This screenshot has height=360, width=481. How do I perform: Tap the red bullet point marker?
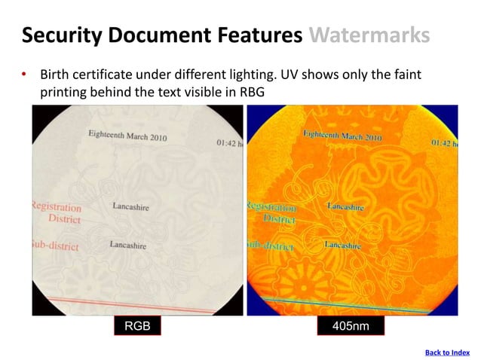(24, 75)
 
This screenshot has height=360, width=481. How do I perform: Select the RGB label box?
(137, 326)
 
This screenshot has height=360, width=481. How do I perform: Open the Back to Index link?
(447, 352)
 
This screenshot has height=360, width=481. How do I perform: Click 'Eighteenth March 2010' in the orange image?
(342, 136)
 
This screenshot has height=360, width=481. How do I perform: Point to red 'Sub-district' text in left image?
(54, 245)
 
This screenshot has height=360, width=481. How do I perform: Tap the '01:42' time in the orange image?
(443, 142)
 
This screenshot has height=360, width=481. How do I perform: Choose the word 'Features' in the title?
(260, 35)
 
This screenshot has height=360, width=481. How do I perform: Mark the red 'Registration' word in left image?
(57, 206)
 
